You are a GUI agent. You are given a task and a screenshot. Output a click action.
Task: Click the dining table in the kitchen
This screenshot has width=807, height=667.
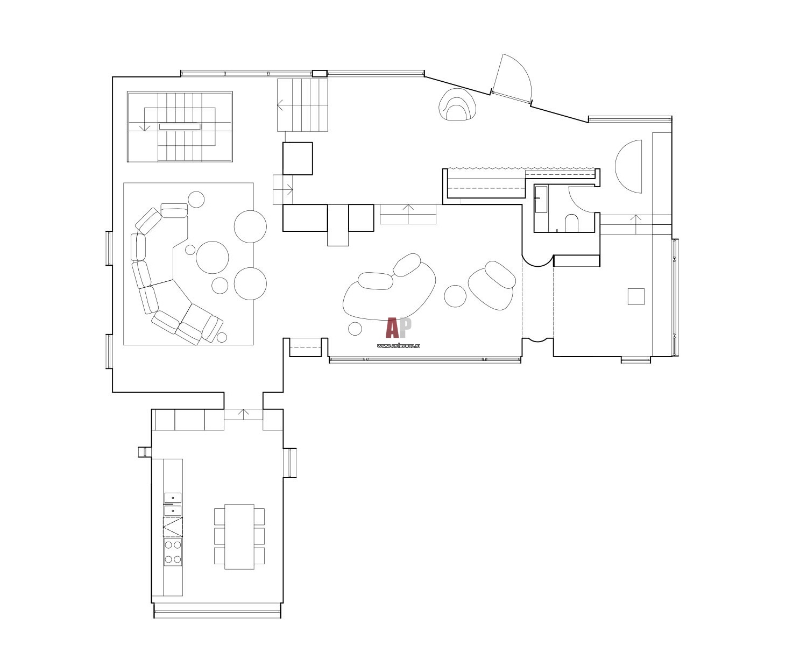(x=239, y=536)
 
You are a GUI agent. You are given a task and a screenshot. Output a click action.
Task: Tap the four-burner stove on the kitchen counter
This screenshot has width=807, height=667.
(x=173, y=552)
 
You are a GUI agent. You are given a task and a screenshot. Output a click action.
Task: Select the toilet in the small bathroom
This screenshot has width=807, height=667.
(x=571, y=223)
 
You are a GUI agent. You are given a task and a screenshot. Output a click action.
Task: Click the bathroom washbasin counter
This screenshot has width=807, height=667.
(x=541, y=199)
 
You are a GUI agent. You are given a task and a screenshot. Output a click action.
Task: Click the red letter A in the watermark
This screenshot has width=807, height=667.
(x=392, y=328)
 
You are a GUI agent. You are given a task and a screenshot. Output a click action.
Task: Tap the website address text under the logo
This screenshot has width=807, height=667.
(x=399, y=346)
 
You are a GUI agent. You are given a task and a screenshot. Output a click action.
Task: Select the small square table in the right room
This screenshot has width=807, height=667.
(x=636, y=296)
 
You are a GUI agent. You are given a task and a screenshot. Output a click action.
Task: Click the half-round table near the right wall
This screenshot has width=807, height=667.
(x=628, y=167)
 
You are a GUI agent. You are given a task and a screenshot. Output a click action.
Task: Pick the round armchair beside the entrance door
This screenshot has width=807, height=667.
(x=457, y=105)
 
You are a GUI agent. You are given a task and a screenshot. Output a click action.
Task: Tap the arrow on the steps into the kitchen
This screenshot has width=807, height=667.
(x=243, y=414)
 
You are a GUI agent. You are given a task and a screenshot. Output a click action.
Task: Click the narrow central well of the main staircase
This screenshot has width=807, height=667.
(x=180, y=126)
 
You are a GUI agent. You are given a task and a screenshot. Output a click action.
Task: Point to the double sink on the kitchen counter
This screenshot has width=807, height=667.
(x=173, y=505)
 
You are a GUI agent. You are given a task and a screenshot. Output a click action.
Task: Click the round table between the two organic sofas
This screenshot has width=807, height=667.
(x=455, y=296)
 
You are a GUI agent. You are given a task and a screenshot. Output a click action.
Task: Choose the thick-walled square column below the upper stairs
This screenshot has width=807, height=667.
(x=298, y=159)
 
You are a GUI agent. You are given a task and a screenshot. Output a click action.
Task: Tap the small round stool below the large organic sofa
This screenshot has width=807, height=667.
(x=355, y=329)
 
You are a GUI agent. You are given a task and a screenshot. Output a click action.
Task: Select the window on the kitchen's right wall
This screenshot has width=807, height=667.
(x=290, y=463)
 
